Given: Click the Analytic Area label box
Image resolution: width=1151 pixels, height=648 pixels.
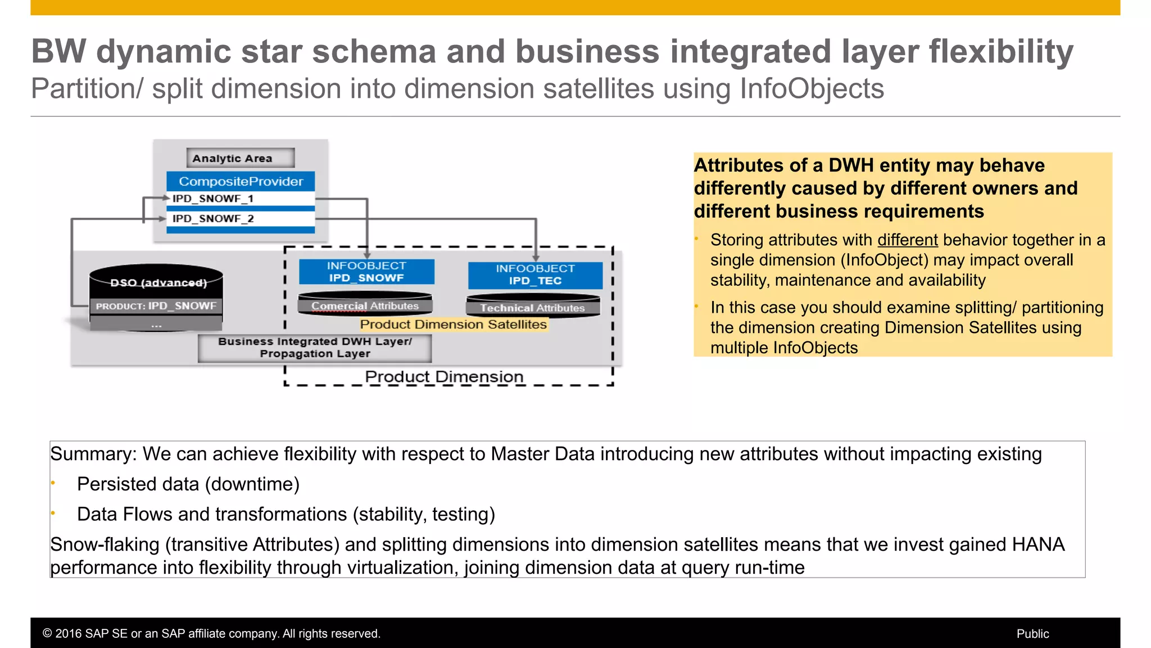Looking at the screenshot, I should click(241, 158).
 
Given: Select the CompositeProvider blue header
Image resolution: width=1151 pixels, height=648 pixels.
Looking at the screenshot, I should click(241, 182).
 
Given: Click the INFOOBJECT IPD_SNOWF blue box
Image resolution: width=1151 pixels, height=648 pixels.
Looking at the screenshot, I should click(366, 272).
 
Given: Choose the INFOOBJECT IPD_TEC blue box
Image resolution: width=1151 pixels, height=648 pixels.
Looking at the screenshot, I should click(535, 275).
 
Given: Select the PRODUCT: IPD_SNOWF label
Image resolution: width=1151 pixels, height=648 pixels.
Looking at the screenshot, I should click(156, 306).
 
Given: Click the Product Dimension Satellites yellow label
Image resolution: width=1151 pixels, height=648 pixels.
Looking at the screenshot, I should click(453, 325).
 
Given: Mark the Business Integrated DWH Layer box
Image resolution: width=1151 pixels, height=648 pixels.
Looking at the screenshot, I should click(315, 348).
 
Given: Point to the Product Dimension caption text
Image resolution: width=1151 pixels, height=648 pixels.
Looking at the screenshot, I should click(444, 376).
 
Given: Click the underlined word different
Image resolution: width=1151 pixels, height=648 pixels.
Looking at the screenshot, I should click(908, 240).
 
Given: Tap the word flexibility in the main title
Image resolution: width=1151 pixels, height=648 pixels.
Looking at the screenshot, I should click(1001, 52).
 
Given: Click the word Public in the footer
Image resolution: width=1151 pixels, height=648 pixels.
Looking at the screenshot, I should click(1032, 634).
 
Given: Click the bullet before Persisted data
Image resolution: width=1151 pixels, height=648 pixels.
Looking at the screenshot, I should click(53, 483).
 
